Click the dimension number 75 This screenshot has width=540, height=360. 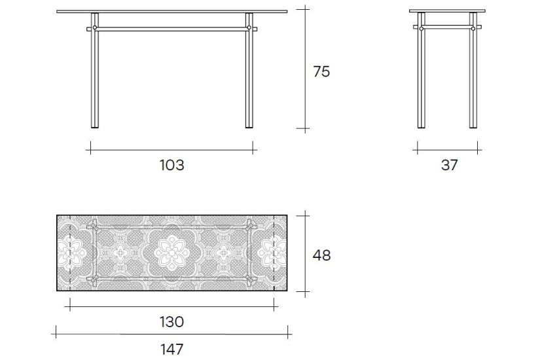tap(321, 72)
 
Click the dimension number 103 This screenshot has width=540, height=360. tap(172, 165)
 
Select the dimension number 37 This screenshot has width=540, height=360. tap(449, 165)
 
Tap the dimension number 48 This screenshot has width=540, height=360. tap(321, 255)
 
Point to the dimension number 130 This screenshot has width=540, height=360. tap(172, 321)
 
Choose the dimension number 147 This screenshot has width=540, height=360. tap(172, 349)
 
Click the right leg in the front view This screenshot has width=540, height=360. tap(249, 79)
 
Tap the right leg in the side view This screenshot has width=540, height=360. tap(473, 79)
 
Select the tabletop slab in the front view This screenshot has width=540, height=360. tap(172, 11)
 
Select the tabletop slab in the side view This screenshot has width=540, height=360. tap(447, 11)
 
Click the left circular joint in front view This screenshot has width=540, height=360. tap(95, 28)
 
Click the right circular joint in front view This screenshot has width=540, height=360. tap(249, 28)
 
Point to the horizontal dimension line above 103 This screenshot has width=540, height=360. tap(172, 150)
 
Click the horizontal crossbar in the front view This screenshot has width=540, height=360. tap(172, 28)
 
